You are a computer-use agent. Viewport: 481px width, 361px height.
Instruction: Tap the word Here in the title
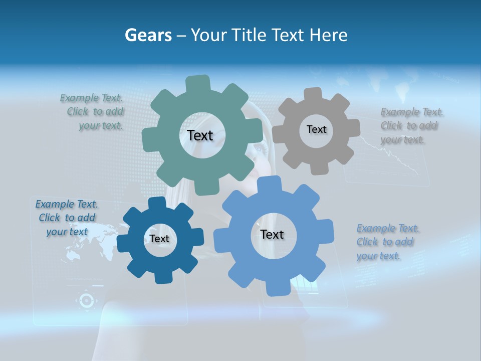pyautogui.click(x=329, y=35)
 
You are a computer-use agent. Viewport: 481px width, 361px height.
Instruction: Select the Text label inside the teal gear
pyautogui.click(x=200, y=135)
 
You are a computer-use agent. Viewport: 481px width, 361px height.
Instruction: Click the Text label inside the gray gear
pyautogui.click(x=316, y=129)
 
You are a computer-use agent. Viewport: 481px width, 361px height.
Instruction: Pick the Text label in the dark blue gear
pyautogui.click(x=159, y=239)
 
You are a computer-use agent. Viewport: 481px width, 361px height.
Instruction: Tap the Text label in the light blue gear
pyautogui.click(x=272, y=234)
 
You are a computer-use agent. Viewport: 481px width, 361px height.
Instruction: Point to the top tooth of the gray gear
pyautogui.click(x=313, y=95)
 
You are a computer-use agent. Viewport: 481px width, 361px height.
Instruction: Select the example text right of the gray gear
pyautogui.click(x=411, y=125)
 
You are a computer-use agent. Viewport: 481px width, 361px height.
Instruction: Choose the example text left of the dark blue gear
pyautogui.click(x=67, y=218)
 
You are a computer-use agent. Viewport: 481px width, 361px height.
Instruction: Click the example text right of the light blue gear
pyautogui.click(x=387, y=242)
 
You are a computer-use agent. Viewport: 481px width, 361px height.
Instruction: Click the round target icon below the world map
pyautogui.click(x=86, y=300)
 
